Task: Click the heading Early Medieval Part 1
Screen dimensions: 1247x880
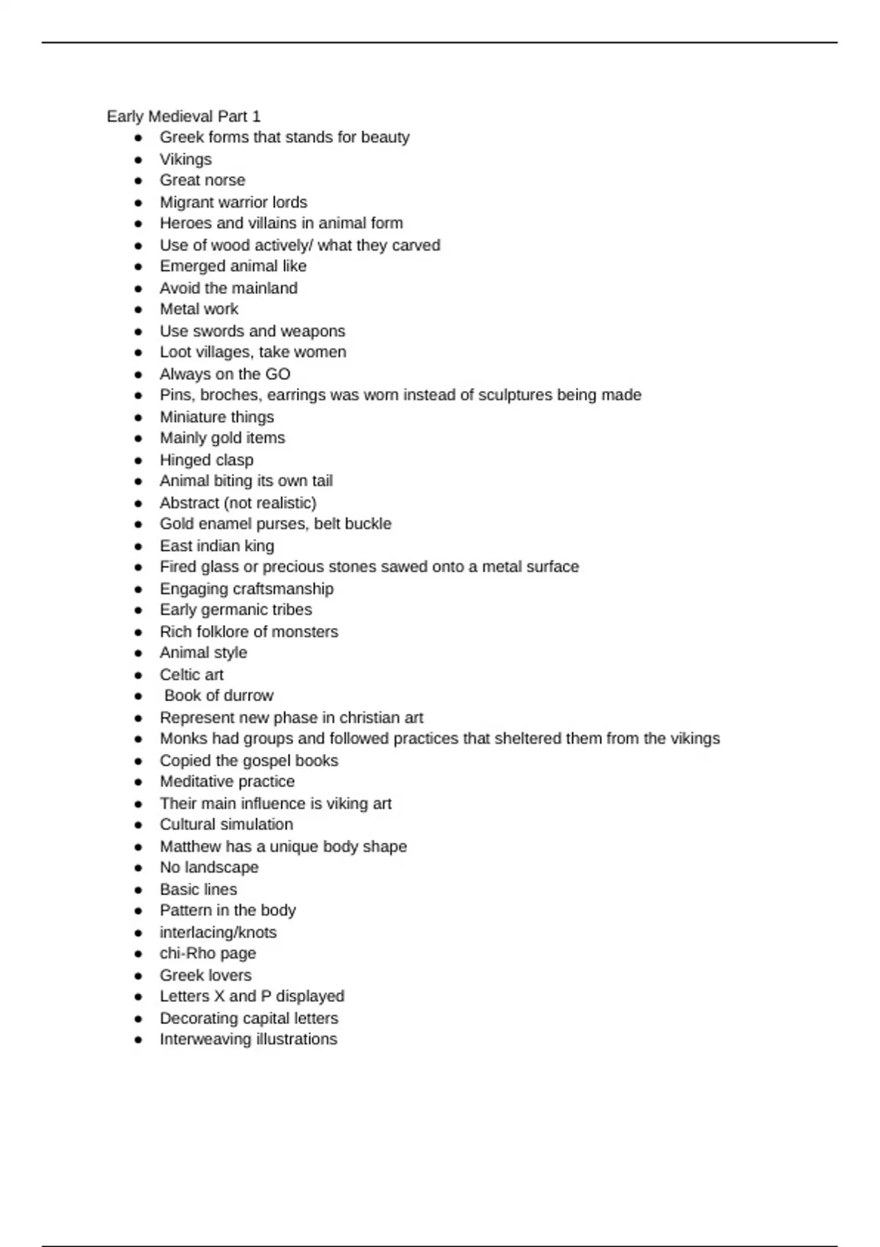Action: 183,117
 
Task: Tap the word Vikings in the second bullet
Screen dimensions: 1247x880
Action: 186,159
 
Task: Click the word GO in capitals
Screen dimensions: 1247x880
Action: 278,374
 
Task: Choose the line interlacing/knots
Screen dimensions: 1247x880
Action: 218,932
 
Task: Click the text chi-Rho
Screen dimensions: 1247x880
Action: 184,954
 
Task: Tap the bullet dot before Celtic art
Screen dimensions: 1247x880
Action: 139,675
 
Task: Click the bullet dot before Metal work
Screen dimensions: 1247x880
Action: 139,310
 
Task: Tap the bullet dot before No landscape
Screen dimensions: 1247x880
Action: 139,868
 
